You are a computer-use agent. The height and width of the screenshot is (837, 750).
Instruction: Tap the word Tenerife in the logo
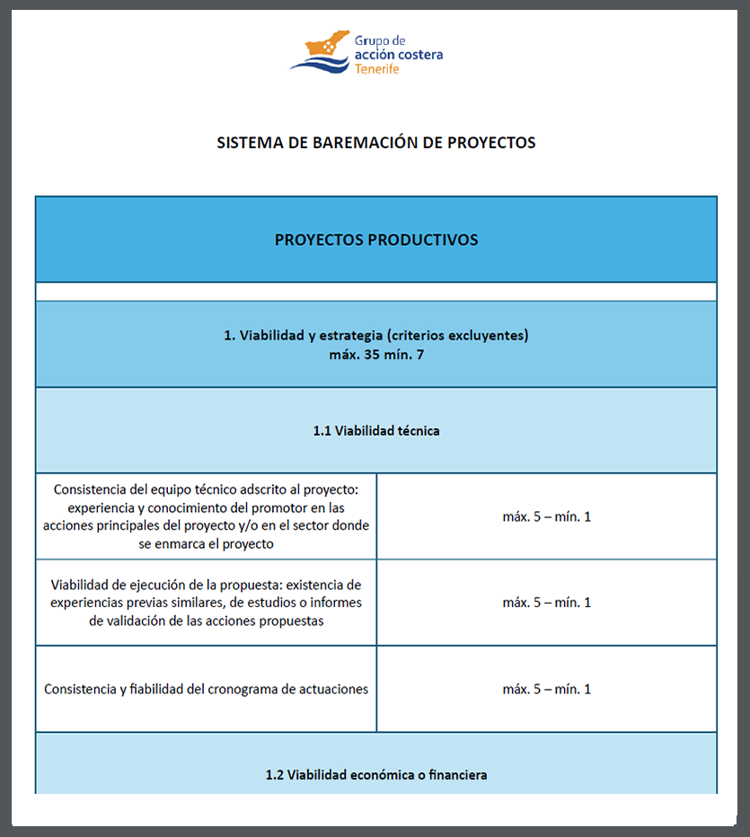click(377, 69)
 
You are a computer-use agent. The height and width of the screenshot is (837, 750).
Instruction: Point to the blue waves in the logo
click(320, 64)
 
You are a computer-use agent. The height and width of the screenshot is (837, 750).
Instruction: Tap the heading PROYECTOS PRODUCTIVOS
click(375, 240)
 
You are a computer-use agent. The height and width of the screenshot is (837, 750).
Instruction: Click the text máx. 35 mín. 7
click(375, 354)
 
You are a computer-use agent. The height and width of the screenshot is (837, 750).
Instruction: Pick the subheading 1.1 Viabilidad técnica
click(375, 430)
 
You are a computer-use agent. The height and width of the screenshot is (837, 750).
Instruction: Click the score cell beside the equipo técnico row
click(546, 516)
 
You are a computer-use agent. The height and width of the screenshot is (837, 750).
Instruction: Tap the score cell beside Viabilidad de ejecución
click(546, 603)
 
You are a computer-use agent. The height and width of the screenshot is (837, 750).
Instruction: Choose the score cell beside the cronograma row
click(546, 689)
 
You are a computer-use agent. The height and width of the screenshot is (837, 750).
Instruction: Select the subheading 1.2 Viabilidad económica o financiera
click(375, 774)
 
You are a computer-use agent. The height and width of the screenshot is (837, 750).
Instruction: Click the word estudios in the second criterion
click(261, 603)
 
